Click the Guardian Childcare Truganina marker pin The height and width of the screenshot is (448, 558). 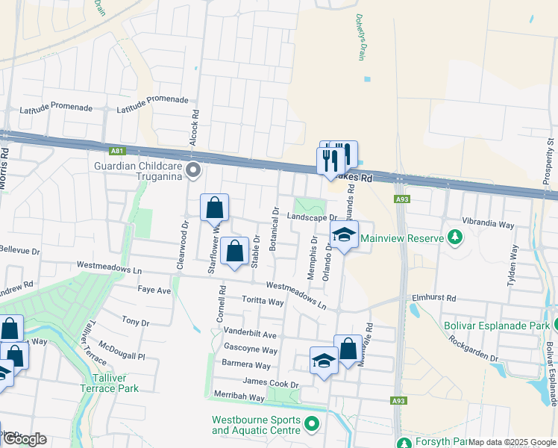[x=194, y=170]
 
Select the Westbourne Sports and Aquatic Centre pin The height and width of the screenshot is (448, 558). [x=313, y=426]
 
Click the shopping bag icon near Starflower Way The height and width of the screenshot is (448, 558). [x=214, y=209]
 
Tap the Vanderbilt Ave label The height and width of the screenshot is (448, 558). [x=250, y=335]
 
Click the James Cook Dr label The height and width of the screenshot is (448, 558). [x=270, y=384]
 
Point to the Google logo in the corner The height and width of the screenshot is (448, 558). [x=25, y=439]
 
